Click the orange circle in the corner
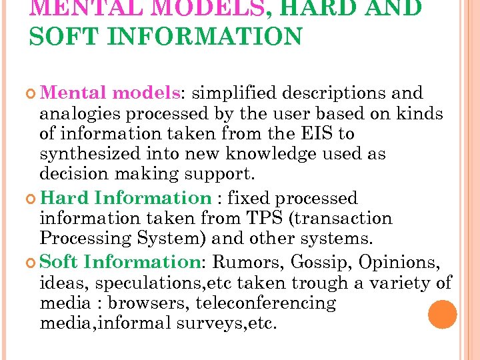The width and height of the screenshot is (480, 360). coord(442,315)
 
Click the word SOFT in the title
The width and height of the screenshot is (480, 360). coord(64,35)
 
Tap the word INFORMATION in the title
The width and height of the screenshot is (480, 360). coord(206,35)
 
